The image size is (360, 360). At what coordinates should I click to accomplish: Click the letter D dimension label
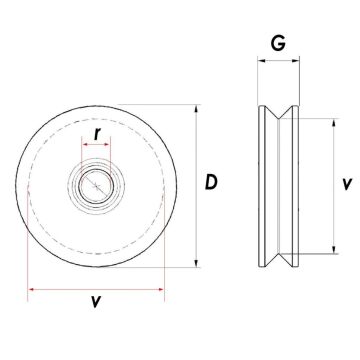click(212, 182)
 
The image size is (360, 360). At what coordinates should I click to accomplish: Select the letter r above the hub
click(96, 131)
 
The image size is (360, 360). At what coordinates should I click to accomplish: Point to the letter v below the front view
click(96, 301)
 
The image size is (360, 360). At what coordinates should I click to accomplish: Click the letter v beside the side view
click(344, 185)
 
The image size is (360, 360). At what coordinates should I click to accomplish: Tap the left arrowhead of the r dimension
click(83, 146)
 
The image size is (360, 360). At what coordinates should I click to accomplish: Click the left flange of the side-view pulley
click(265, 185)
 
